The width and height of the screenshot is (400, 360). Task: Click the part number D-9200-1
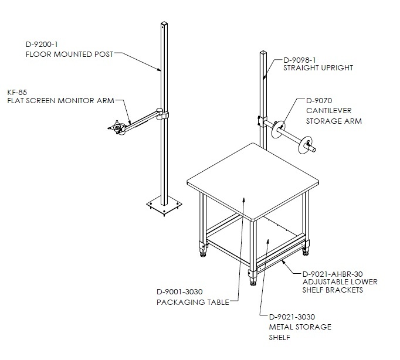pyautogui.click(x=42, y=45)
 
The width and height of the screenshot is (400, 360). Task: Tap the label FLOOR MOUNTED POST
pyautogui.click(x=69, y=55)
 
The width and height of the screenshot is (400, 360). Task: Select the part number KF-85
pyautogui.click(x=17, y=92)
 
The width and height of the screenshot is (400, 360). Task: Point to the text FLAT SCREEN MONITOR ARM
pyautogui.click(x=61, y=101)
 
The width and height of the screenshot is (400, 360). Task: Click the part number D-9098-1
pyautogui.click(x=300, y=60)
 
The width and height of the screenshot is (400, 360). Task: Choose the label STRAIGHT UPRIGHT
pyautogui.click(x=318, y=68)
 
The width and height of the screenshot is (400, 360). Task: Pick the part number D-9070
pyautogui.click(x=319, y=101)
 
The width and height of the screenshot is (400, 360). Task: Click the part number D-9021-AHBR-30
pyautogui.click(x=333, y=274)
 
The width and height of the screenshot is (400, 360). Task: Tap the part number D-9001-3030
pyautogui.click(x=179, y=291)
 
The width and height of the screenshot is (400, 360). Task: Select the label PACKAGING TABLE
pyautogui.click(x=193, y=303)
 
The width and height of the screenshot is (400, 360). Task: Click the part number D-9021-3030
pyautogui.click(x=292, y=317)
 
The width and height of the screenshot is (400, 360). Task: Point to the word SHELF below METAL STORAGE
pyautogui.click(x=280, y=338)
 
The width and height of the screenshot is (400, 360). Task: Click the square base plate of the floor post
pyautogui.click(x=164, y=205)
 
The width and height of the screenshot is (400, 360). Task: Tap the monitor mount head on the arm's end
pyautogui.click(x=117, y=127)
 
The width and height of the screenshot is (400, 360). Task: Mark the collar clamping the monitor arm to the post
pyautogui.click(x=162, y=114)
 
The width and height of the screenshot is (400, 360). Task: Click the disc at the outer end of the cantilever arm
pyautogui.click(x=306, y=145)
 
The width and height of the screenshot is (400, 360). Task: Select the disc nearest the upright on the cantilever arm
pyautogui.click(x=278, y=130)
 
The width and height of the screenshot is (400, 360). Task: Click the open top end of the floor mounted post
pyautogui.click(x=164, y=24)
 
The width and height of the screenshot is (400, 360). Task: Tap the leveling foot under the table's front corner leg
pyautogui.click(x=253, y=282)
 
